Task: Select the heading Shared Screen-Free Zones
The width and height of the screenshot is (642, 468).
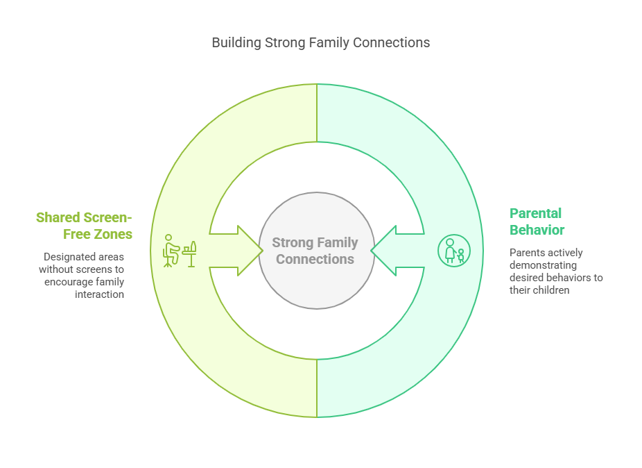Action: click(85, 226)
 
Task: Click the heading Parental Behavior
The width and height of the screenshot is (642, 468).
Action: click(537, 222)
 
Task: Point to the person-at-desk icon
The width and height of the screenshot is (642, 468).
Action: click(179, 251)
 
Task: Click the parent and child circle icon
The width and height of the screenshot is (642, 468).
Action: click(454, 251)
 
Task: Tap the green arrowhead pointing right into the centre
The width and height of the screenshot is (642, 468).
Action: click(250, 250)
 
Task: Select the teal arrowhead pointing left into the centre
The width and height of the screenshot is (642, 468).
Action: click(383, 250)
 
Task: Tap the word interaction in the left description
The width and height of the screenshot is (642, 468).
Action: click(100, 294)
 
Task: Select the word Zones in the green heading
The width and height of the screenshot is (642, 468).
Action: click(113, 234)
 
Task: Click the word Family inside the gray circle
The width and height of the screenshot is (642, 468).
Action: click(338, 243)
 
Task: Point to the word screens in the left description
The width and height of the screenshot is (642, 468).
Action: click(100, 269)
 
